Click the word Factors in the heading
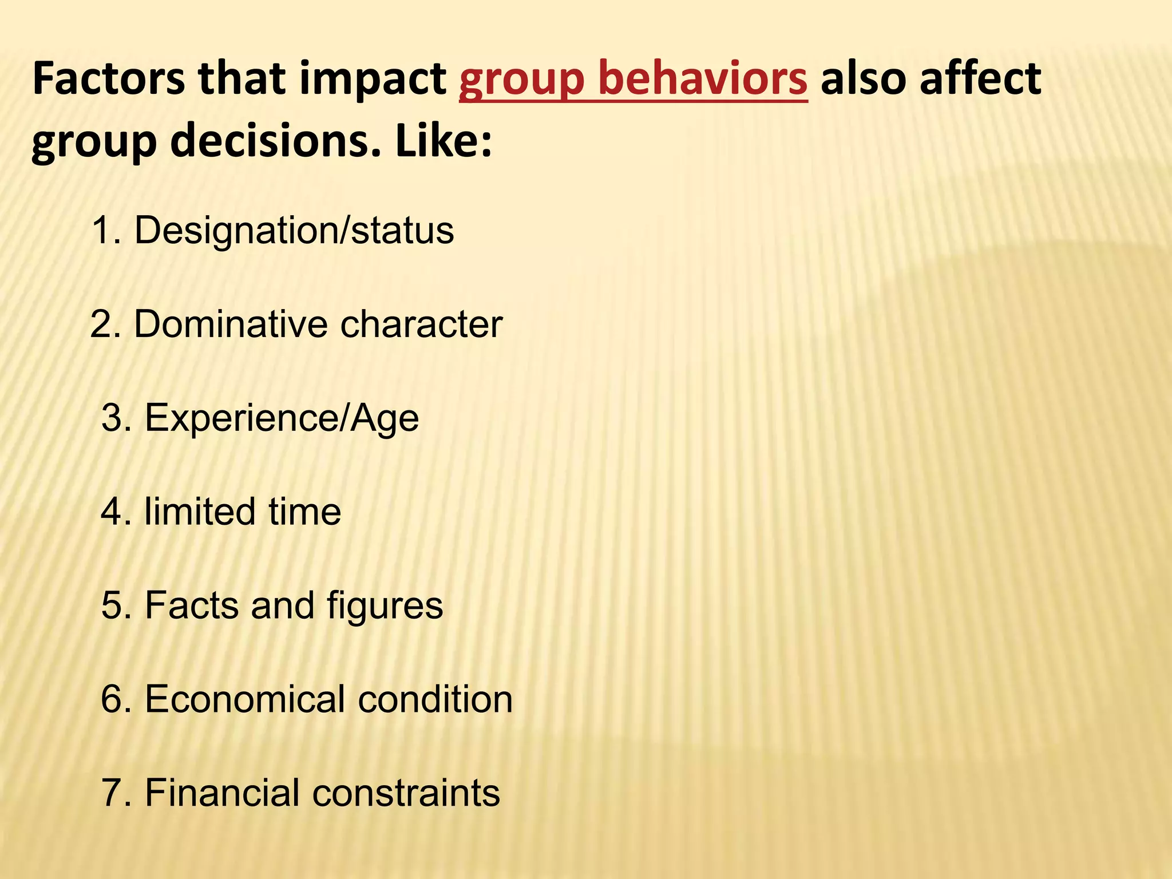(109, 78)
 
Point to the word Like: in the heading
(443, 141)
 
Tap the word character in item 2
(421, 324)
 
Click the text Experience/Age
(282, 418)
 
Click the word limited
(199, 512)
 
